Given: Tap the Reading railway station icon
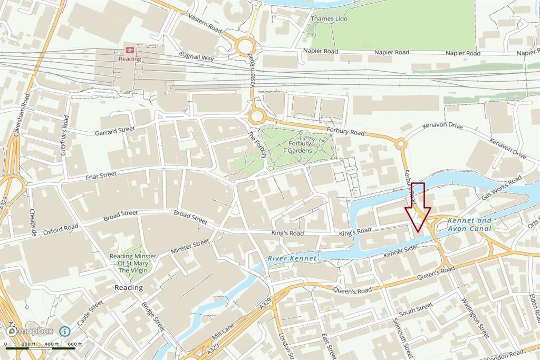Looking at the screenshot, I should click(129, 50).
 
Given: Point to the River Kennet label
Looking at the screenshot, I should click(292, 258).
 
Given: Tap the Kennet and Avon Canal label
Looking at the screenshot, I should click(469, 225).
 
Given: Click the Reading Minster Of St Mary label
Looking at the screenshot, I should click(133, 263).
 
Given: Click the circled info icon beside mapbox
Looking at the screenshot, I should click(64, 331).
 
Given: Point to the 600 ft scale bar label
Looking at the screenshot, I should click(75, 344).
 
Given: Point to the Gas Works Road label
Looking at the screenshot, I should click(500, 188).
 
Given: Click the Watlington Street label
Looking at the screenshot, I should click(476, 317).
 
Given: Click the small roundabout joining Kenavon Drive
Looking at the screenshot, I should click(400, 143).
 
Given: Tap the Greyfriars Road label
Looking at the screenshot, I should click(65, 139).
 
